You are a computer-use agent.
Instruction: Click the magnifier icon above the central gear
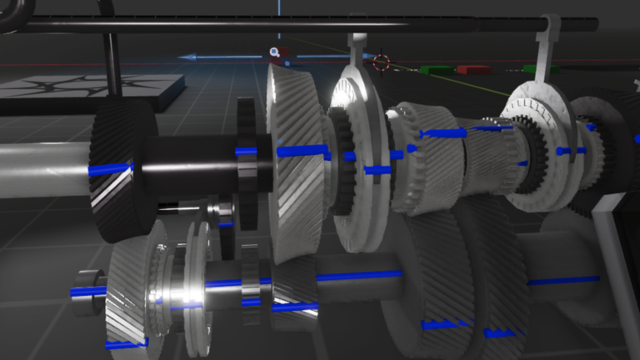point(274,52)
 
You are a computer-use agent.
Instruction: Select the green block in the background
point(437,70)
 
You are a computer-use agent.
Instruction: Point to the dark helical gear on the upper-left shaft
point(122,171)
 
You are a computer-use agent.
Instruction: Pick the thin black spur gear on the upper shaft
point(245,162)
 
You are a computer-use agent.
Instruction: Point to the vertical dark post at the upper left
point(112,62)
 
